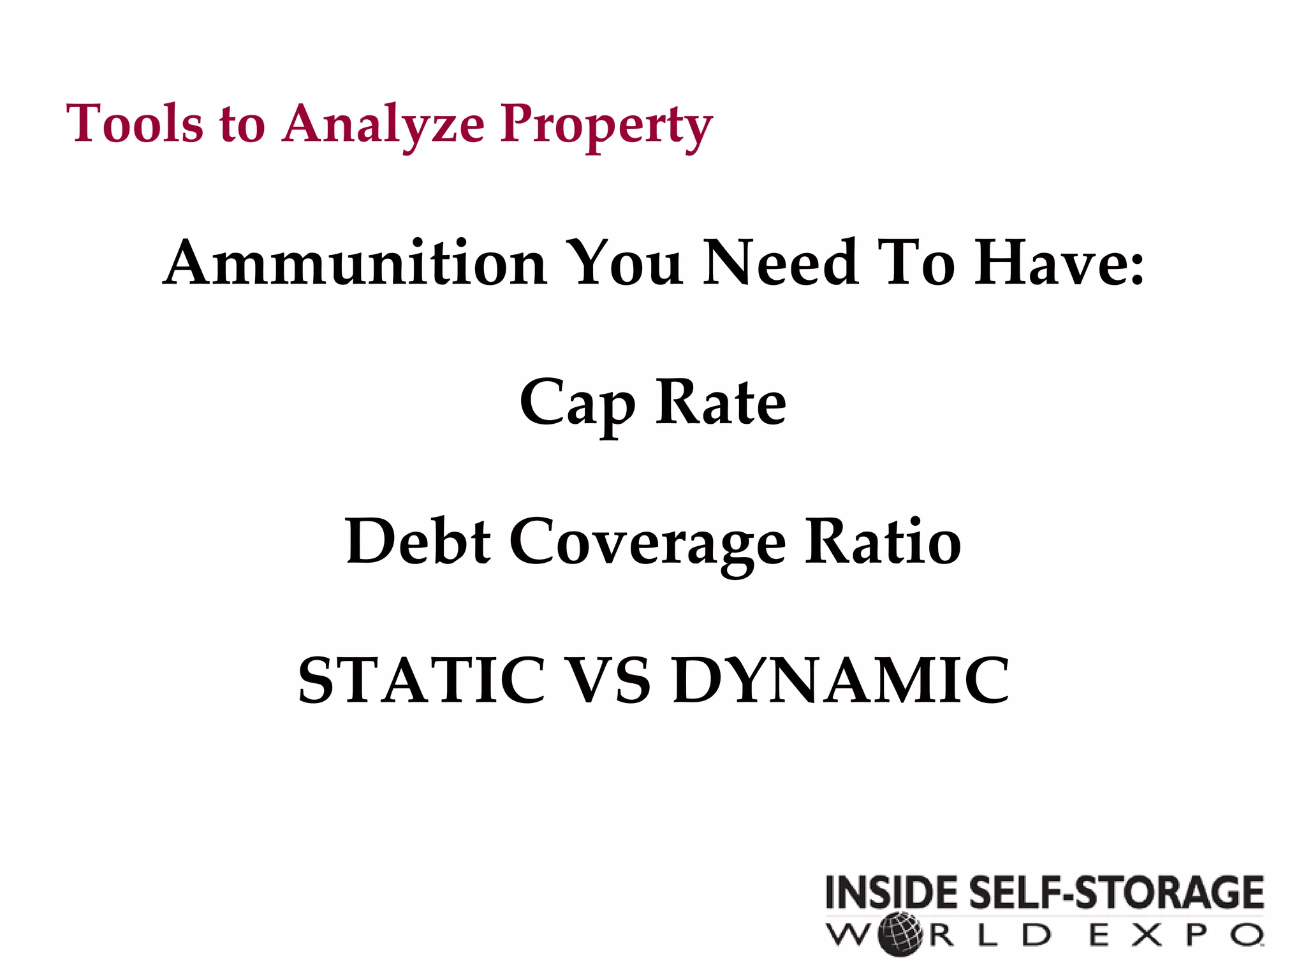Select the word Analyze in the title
coord(383,124)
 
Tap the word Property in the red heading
coord(606,125)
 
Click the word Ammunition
coord(355,262)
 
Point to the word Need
coord(781,262)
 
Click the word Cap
coord(577,403)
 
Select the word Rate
coord(721,402)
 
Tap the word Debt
coord(418,541)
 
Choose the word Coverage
coord(647,544)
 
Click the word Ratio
coord(883,541)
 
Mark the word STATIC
coord(422,680)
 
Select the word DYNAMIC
coord(841,680)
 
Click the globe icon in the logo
coord(900,935)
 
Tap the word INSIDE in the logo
coord(893,892)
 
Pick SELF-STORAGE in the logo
coord(1116,892)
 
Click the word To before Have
coord(916,262)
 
